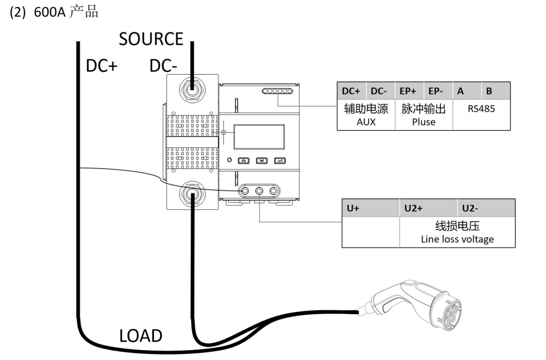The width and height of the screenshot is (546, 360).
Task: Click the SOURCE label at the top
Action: click(x=151, y=39)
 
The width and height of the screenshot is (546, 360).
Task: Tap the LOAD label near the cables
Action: click(x=141, y=336)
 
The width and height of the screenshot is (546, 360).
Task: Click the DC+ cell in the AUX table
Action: click(x=351, y=91)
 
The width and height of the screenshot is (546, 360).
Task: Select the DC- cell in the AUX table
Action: click(x=380, y=91)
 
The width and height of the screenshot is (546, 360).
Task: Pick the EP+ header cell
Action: click(x=409, y=91)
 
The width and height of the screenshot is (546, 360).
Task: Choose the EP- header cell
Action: click(x=438, y=91)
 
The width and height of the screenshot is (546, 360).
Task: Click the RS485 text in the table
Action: click(x=481, y=109)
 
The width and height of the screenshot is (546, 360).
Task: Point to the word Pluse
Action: click(x=424, y=122)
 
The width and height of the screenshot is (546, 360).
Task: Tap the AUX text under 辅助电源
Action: click(x=366, y=122)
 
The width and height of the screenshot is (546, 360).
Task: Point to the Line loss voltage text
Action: click(x=457, y=239)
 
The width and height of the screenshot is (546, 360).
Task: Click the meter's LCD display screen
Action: click(x=259, y=137)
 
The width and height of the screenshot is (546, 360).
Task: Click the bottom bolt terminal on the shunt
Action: click(x=192, y=194)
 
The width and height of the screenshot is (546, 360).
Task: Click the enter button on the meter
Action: click(x=280, y=161)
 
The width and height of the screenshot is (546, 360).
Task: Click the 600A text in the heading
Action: click(x=49, y=12)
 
